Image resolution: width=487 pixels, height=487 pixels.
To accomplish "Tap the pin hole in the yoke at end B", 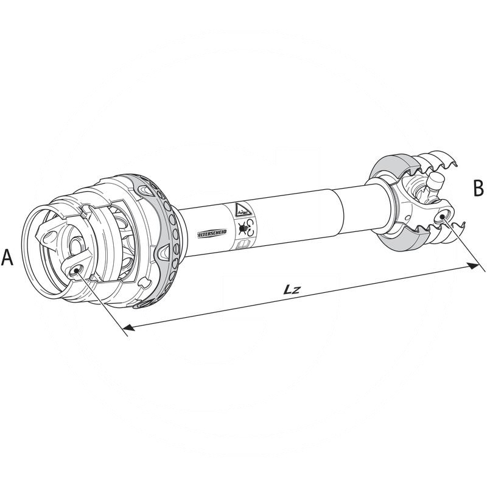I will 446,214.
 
